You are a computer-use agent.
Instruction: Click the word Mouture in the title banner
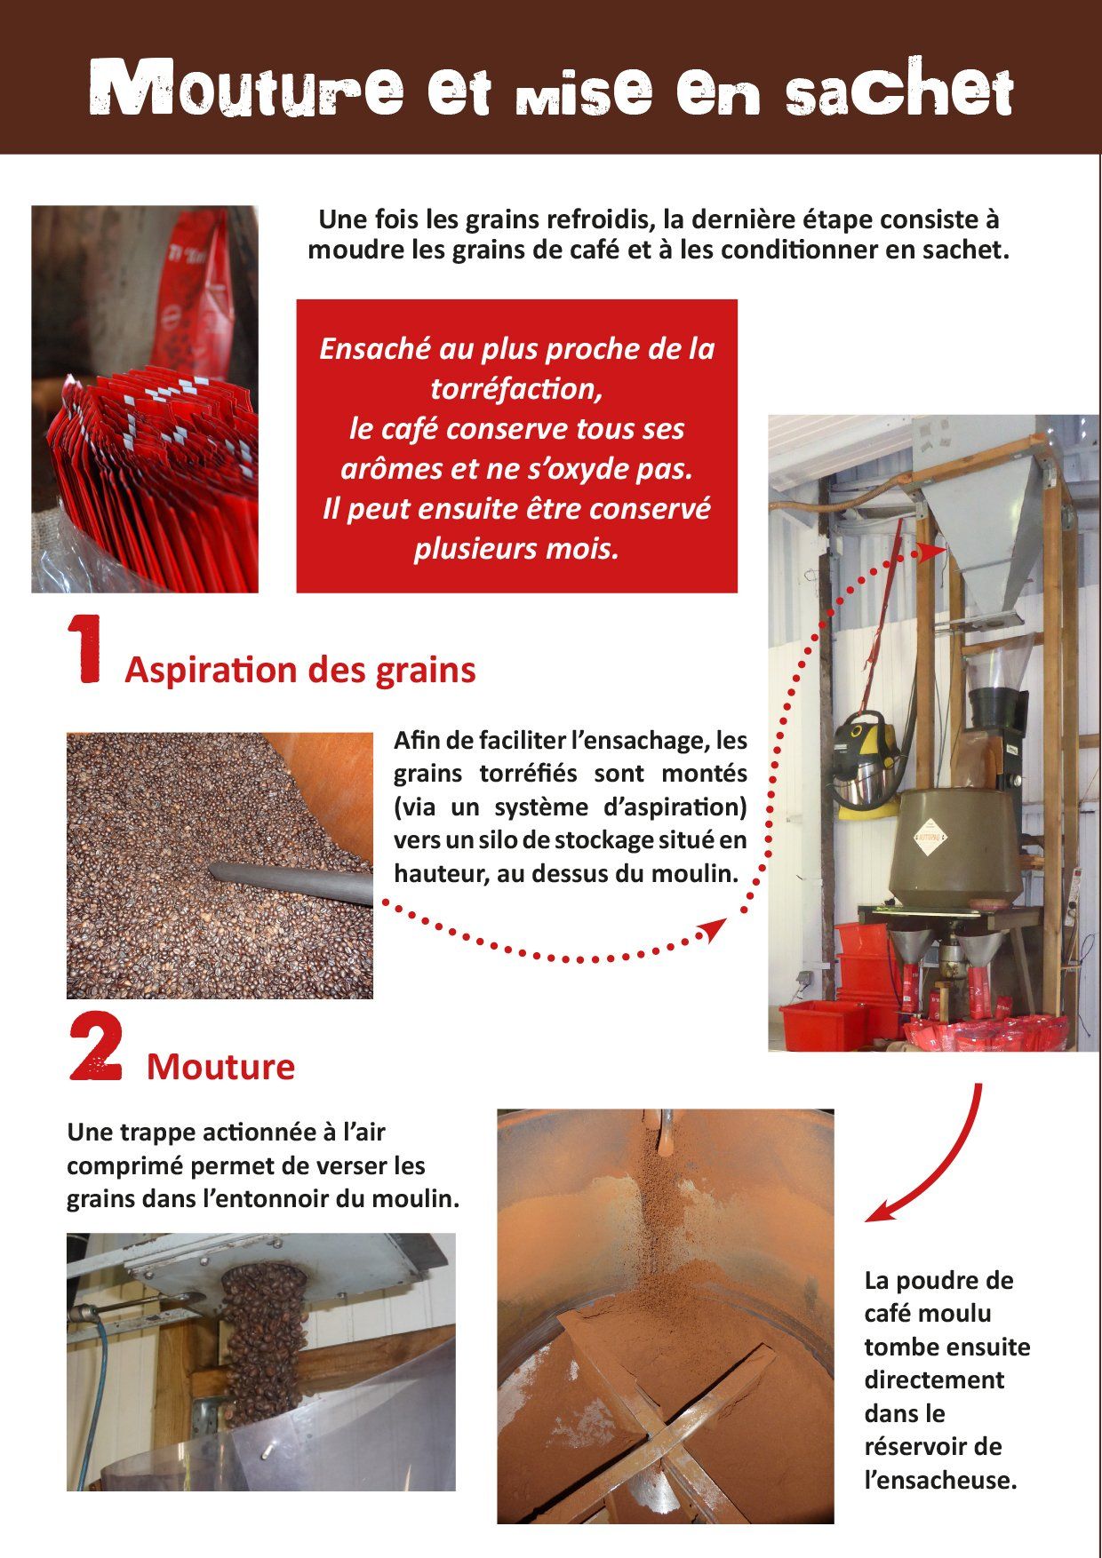[246, 88]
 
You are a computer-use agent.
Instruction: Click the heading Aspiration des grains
[300, 670]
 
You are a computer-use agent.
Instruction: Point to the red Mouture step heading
[220, 1066]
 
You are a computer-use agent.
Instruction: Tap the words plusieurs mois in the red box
[516, 548]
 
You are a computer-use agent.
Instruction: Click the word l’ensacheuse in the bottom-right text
[940, 1481]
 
